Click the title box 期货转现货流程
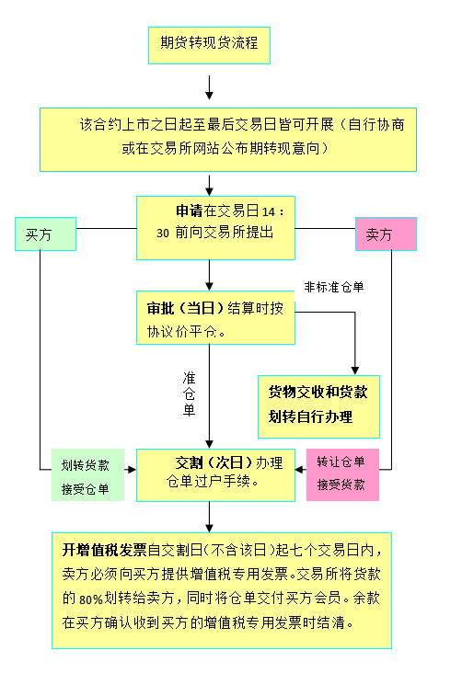[209, 45]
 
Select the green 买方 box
[45, 234]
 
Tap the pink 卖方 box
[386, 234]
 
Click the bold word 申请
[189, 211]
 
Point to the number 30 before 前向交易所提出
[163, 233]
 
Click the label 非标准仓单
[334, 287]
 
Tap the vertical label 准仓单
[189, 394]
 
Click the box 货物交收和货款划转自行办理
[318, 407]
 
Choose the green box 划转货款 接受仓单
[87, 474]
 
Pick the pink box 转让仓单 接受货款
[342, 474]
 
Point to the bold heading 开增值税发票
[104, 550]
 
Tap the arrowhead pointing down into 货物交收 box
[355, 371]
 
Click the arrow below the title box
[209, 87]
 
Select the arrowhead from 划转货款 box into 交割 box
[132, 470]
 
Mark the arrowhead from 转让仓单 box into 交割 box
[299, 470]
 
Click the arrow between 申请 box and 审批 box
[209, 275]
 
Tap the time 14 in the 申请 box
[269, 212]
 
